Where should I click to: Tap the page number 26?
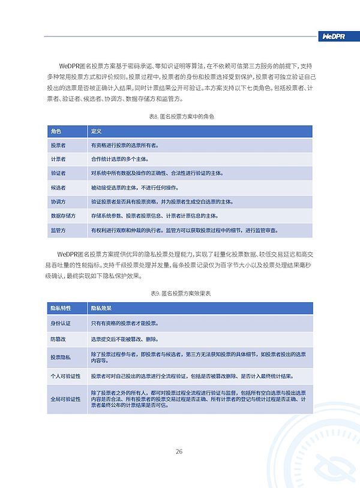click(179, 451)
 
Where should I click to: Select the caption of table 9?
click(180, 293)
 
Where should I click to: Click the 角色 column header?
click(56, 131)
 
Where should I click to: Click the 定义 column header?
click(96, 131)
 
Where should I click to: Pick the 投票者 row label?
click(58, 145)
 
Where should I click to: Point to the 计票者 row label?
click(58, 159)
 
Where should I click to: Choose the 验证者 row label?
click(58, 173)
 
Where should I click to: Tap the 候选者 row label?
click(58, 188)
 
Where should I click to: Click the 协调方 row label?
click(58, 202)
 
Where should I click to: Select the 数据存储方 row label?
click(62, 216)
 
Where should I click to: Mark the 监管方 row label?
click(58, 230)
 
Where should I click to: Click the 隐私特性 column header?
click(61, 308)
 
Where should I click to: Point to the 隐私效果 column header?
click(101, 308)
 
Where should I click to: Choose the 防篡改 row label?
click(58, 339)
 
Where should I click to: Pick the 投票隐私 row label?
click(61, 357)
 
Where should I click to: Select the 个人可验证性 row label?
click(65, 376)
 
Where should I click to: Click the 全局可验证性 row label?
click(65, 399)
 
